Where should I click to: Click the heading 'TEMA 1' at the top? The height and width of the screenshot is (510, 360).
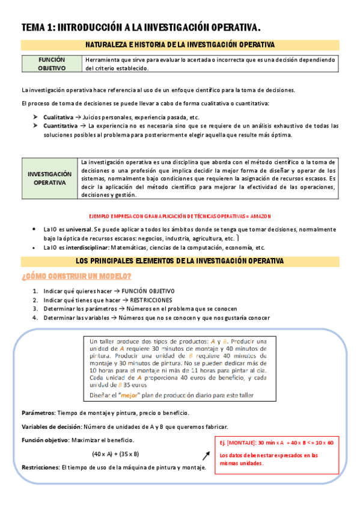[38, 27]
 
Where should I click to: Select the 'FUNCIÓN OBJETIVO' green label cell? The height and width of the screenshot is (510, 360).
[52, 64]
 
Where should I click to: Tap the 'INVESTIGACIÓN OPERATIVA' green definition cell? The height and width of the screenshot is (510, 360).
[50, 178]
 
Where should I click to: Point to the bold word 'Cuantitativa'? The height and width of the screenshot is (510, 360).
[61, 126]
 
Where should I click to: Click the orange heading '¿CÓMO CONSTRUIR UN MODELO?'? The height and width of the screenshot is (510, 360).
[76, 276]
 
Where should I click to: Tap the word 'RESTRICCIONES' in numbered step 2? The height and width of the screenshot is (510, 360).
[151, 300]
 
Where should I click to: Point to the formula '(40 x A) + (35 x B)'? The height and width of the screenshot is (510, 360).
[115, 453]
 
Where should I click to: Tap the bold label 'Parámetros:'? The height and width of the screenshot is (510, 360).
[37, 413]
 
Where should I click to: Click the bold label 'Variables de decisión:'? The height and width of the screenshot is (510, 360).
[50, 426]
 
